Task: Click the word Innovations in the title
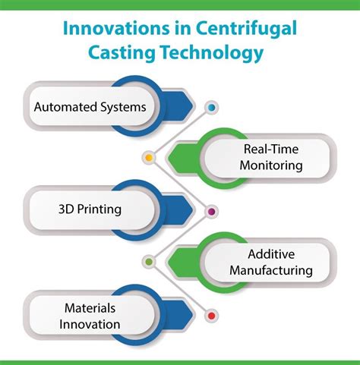(x=116, y=28)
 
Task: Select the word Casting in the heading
(x=122, y=53)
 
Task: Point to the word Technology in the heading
(x=212, y=53)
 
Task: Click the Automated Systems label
(x=90, y=107)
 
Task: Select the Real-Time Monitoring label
(x=271, y=157)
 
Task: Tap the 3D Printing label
(x=90, y=209)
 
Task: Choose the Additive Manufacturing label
(x=271, y=263)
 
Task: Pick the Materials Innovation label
(x=90, y=316)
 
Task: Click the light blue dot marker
(x=212, y=108)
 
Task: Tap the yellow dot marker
(x=149, y=158)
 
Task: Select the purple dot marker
(x=212, y=212)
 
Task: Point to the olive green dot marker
(x=149, y=262)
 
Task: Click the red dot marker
(x=212, y=316)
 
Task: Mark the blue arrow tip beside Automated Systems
(x=194, y=106)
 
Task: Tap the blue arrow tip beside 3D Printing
(x=194, y=210)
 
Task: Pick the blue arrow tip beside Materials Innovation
(x=194, y=315)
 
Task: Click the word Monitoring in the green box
(x=271, y=165)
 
